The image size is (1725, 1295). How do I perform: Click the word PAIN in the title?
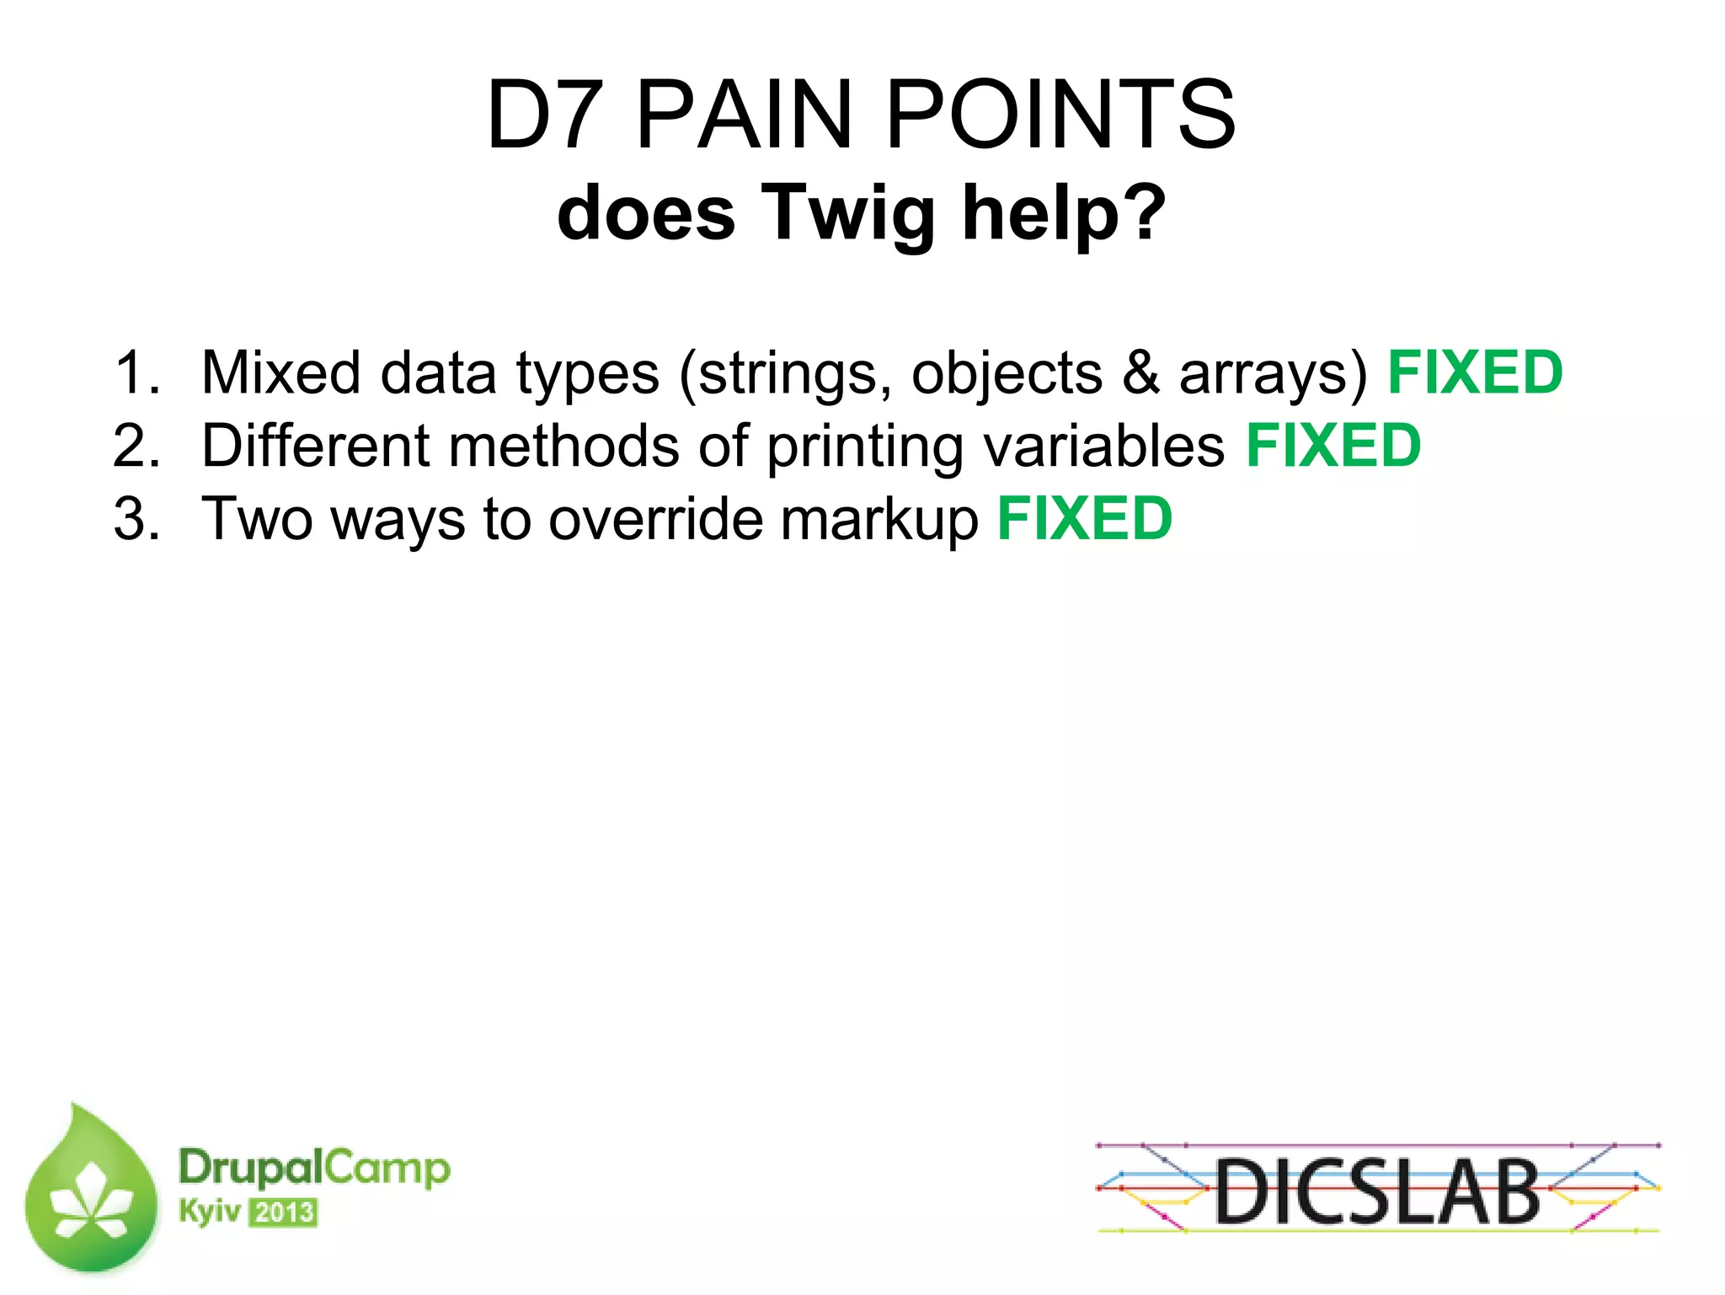click(745, 115)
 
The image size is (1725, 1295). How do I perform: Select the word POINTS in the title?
click(1061, 115)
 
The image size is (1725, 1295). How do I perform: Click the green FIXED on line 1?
click(1475, 372)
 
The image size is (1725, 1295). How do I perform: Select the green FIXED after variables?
click(1333, 446)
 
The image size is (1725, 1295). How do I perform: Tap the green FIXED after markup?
click(1085, 519)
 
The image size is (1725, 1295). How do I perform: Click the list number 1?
click(135, 372)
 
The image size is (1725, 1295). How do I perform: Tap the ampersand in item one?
click(1141, 372)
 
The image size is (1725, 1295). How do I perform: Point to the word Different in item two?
click(316, 446)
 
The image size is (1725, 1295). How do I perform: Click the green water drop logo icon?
click(91, 1190)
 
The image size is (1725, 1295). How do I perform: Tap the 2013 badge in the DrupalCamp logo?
click(284, 1213)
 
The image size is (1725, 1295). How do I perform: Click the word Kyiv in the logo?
click(210, 1212)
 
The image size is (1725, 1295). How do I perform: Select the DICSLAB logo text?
click(1377, 1191)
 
